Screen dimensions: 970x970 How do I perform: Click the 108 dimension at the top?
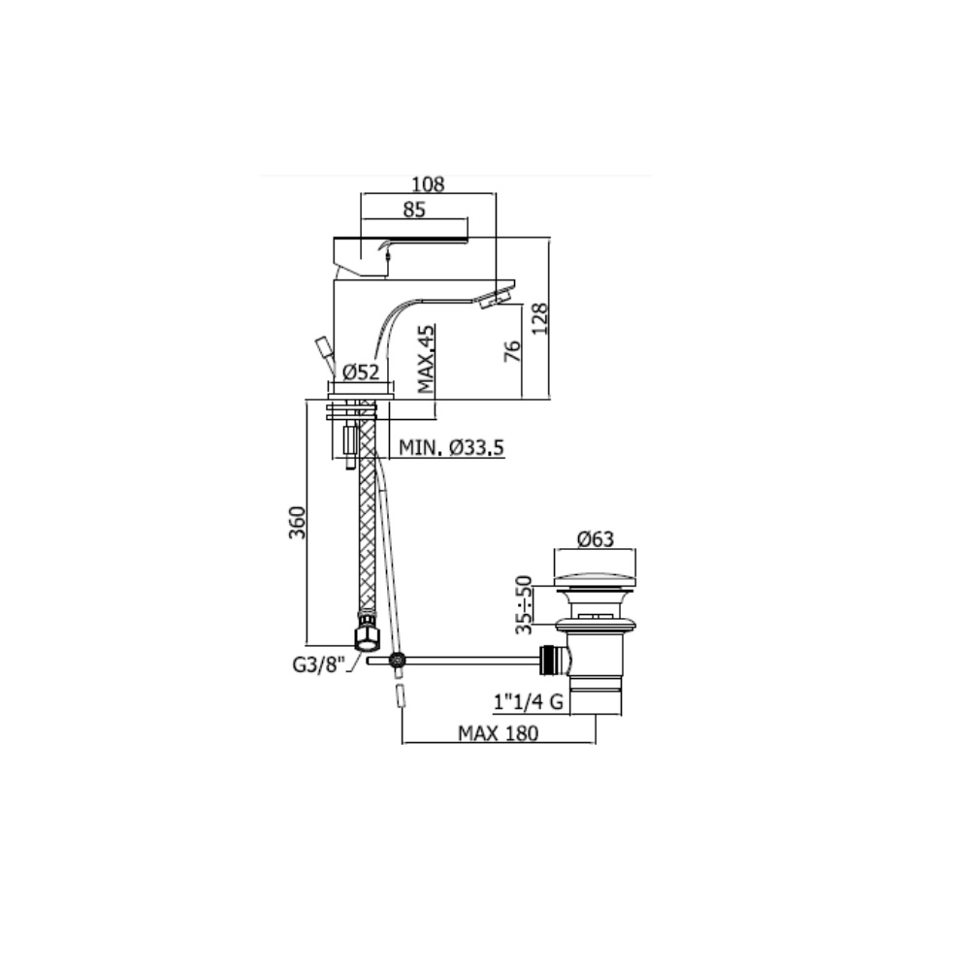(428, 183)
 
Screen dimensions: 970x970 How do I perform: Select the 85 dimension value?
(414, 210)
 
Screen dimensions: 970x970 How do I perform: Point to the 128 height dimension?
(540, 318)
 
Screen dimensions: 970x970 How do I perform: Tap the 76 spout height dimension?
(513, 351)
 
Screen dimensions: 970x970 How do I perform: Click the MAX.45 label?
(426, 360)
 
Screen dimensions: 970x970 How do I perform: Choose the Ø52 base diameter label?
(361, 372)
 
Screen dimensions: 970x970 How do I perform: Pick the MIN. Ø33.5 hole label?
(452, 447)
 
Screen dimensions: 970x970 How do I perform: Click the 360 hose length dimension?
(298, 523)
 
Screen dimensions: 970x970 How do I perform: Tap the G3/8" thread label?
(318, 665)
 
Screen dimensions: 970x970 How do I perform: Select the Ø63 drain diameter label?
(596, 539)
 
